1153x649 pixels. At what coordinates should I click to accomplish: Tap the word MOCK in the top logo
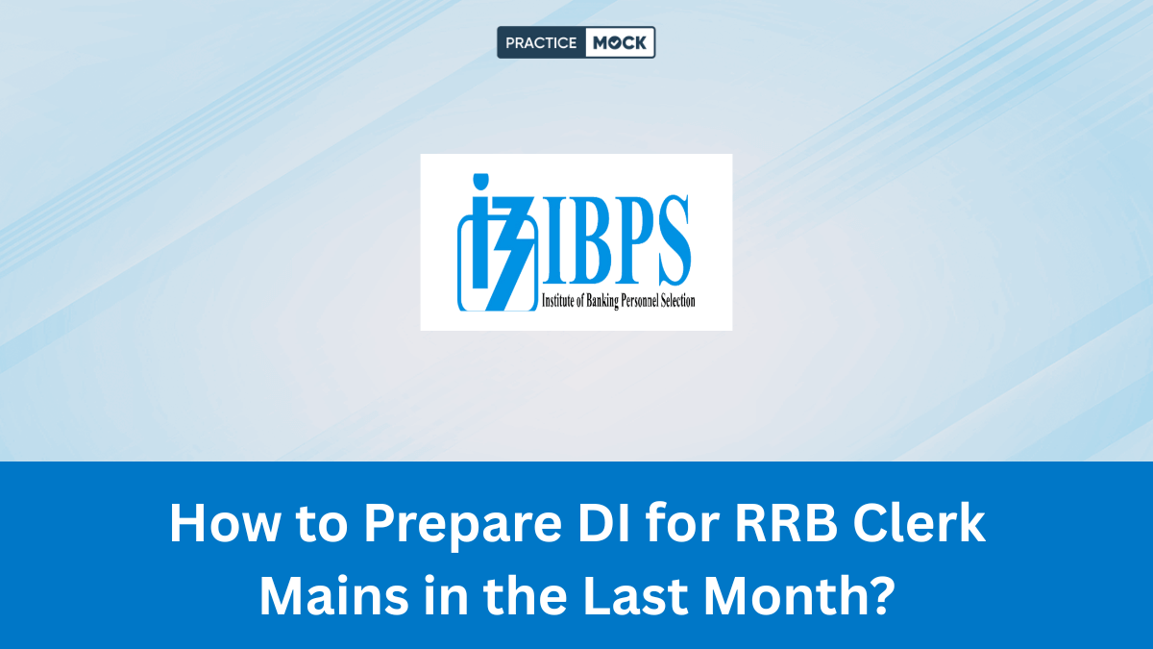click(x=620, y=42)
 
